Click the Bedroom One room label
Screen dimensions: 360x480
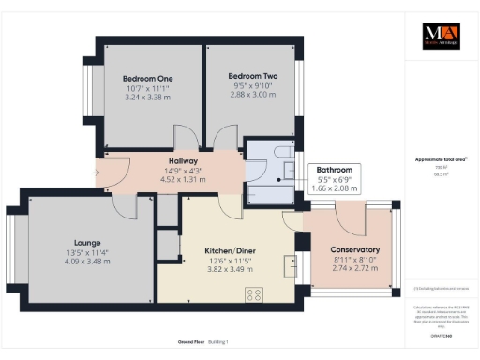(152, 78)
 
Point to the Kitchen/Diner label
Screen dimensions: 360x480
(229, 251)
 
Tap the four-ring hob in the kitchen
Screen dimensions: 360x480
(255, 295)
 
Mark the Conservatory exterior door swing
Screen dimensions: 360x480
(354, 217)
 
